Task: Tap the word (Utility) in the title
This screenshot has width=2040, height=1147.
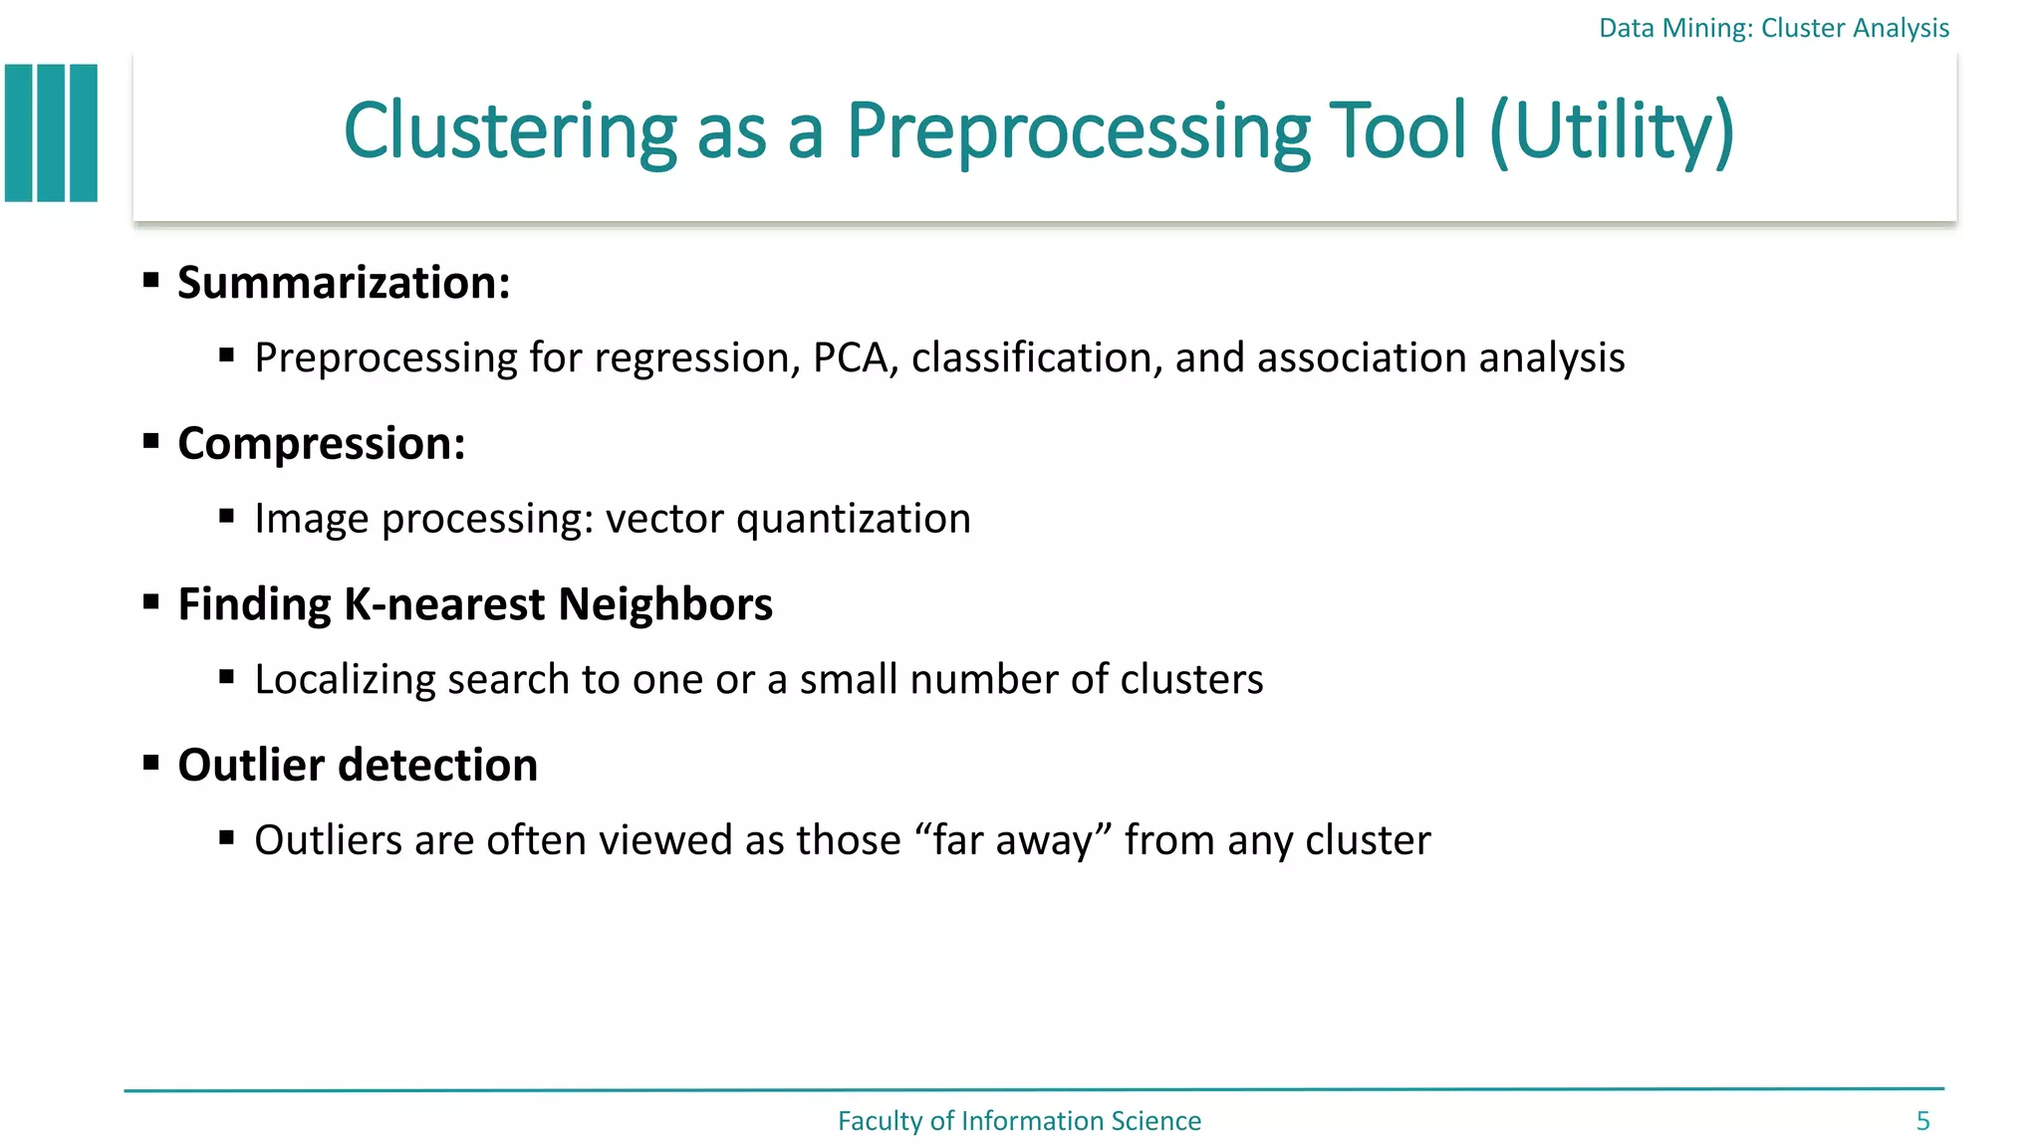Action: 1612,131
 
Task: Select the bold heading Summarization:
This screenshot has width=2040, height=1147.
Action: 344,283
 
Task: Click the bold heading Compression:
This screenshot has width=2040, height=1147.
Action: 321,444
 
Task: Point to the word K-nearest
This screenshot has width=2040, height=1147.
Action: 444,604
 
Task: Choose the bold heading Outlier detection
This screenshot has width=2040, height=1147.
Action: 358,766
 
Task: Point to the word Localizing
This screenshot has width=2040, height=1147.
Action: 345,680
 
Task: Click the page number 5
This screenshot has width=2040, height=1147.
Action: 1922,1121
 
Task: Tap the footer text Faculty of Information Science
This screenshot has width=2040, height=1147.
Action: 1019,1121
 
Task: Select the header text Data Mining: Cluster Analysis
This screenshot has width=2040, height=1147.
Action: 1773,28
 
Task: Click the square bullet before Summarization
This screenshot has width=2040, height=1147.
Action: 151,280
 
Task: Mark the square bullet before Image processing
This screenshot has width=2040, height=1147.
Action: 227,516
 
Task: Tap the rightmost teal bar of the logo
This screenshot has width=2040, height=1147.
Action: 84,133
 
